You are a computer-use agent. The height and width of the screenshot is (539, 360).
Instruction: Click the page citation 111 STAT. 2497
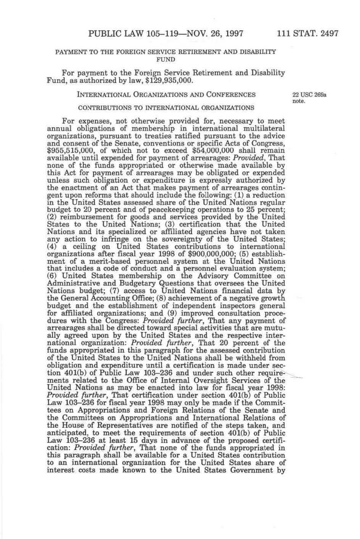pos(308,33)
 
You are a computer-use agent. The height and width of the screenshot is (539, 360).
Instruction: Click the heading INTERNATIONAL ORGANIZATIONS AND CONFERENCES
pos(166,95)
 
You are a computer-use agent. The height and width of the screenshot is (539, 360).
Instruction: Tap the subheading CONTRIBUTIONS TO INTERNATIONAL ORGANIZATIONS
pos(166,108)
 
